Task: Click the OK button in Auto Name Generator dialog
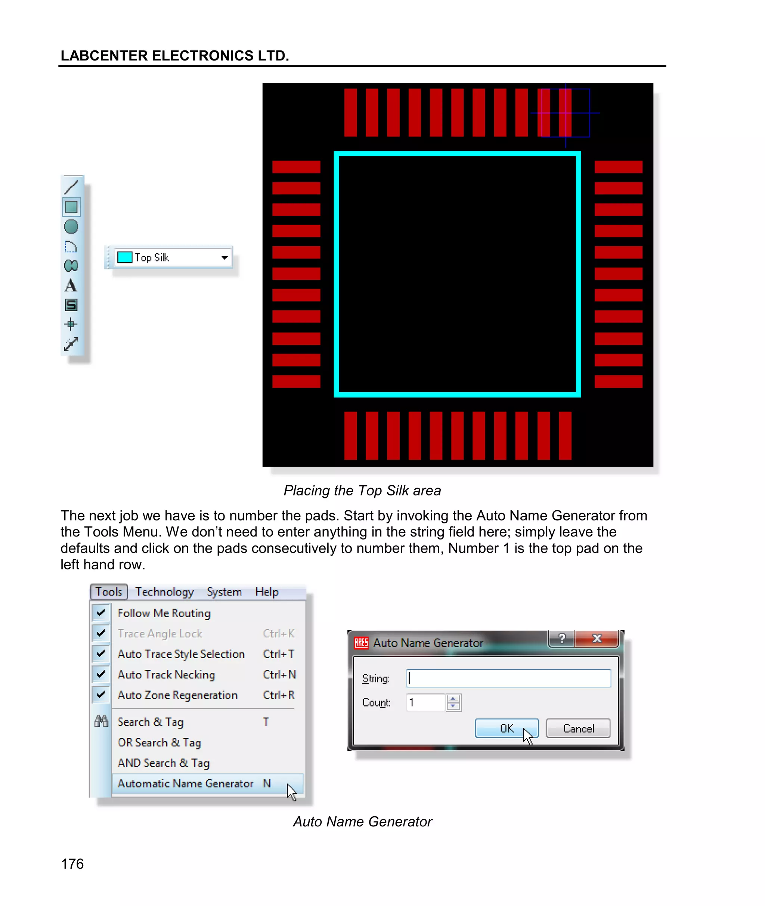506,728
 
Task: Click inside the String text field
508,678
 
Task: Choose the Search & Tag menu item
151,722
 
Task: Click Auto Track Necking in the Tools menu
166,674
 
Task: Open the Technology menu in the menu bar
164,592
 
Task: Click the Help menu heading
266,592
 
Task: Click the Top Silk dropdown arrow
224,258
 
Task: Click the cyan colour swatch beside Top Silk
124,257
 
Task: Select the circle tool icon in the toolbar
71,227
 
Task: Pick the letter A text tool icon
71,286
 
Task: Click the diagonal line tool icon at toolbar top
71,187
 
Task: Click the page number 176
72,863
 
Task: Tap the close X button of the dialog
597,638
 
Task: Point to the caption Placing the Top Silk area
362,491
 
